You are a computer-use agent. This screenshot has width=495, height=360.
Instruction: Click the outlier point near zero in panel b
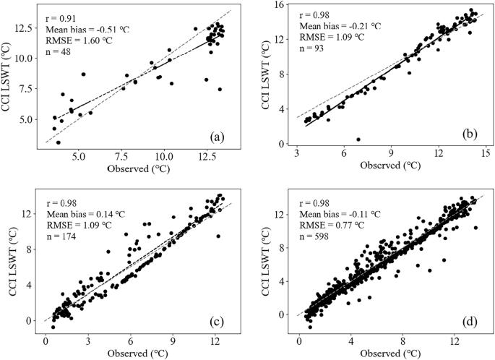358,140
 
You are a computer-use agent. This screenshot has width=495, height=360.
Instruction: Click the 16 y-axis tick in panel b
275,6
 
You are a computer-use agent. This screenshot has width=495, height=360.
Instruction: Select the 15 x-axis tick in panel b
486,154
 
